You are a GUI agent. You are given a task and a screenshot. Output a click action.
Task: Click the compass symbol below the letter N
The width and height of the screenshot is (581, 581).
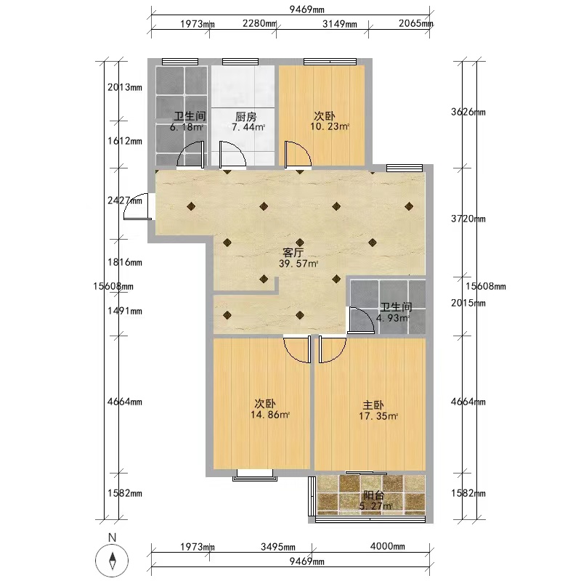coord(112,560)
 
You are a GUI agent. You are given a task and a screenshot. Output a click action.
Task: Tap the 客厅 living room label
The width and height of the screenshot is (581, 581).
coord(293,253)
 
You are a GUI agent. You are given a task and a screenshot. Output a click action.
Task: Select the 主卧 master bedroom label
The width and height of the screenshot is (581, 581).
coord(373,405)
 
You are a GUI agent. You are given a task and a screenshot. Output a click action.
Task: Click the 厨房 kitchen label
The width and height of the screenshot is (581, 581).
coord(246,117)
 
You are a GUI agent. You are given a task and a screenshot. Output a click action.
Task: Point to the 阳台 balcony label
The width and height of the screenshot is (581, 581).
coord(373,496)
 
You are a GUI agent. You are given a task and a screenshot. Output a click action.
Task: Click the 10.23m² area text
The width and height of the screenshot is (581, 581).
coord(330,126)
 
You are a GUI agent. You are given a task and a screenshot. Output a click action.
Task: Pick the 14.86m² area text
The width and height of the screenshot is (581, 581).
coord(269,415)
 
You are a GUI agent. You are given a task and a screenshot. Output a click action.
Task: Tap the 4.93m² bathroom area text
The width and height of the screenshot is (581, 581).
coord(393,318)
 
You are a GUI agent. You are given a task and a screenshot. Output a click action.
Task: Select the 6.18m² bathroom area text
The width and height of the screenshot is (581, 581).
coord(187,127)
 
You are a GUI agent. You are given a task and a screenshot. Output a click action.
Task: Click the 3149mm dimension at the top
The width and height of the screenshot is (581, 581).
coord(340,24)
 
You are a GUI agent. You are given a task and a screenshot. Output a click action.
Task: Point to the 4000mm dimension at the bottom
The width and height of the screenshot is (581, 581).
coord(388,546)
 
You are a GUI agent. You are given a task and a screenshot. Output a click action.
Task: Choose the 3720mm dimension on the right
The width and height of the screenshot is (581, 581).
coord(468,219)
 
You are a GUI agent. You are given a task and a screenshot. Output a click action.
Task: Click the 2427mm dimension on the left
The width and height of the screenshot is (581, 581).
coord(125,200)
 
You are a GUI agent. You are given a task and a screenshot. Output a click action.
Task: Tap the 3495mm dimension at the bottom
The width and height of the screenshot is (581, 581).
coord(278,547)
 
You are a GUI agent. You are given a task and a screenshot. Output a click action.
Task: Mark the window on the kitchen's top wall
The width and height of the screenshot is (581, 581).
coord(240,62)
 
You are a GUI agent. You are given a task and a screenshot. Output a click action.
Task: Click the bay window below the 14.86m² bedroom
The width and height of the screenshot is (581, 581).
coord(255,475)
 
